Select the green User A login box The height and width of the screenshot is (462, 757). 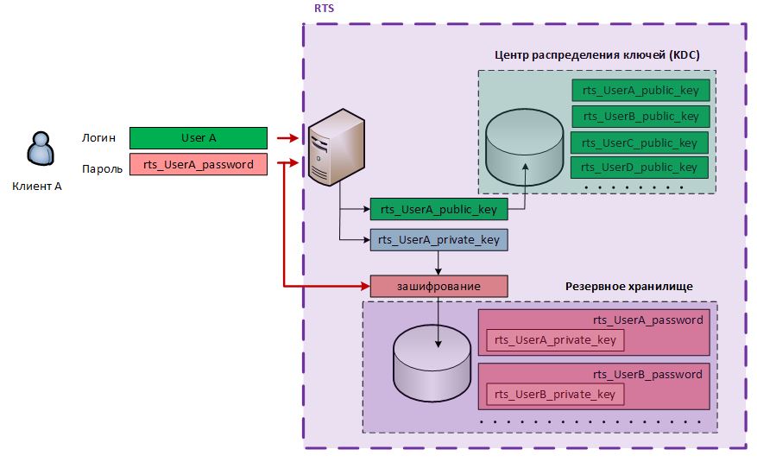[x=198, y=137]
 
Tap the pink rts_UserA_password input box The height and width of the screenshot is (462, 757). [x=198, y=164]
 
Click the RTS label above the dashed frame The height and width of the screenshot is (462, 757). [x=325, y=8]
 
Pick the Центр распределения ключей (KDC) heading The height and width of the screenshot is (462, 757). [x=596, y=54]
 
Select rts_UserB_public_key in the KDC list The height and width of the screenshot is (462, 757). [x=640, y=116]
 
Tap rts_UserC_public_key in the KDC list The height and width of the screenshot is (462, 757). [x=640, y=142]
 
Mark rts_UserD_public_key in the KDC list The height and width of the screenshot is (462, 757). [x=640, y=167]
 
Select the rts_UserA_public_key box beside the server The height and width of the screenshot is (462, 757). [x=438, y=208]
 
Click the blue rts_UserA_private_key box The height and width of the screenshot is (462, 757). [x=438, y=239]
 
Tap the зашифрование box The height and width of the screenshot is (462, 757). [x=438, y=286]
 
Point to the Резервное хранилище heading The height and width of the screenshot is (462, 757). [x=628, y=286]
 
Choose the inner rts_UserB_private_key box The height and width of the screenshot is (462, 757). [x=554, y=394]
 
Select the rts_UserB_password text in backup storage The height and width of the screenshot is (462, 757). [x=647, y=374]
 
